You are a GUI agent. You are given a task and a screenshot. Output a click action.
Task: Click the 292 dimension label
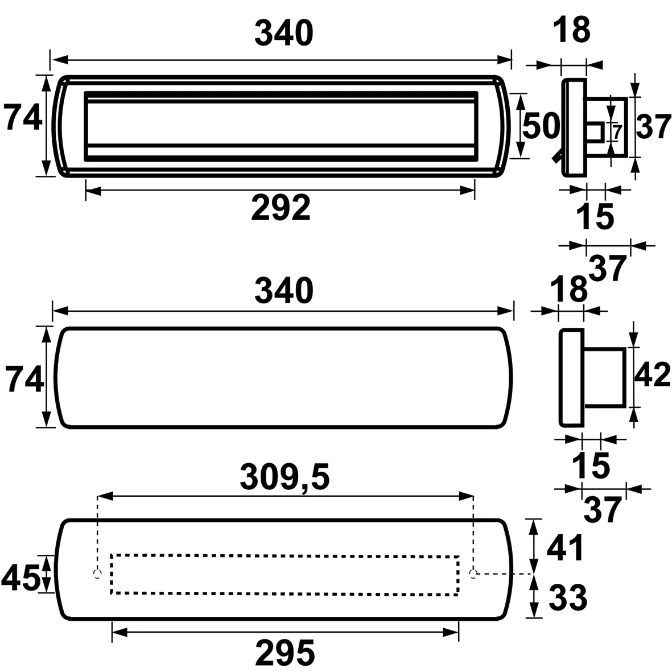[x=281, y=208]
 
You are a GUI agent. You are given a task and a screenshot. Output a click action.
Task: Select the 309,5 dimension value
[x=285, y=478]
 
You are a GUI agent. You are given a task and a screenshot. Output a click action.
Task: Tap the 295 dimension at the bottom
[x=285, y=653]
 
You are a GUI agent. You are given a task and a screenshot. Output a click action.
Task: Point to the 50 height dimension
[x=541, y=126]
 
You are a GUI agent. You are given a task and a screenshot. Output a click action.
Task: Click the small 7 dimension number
[x=617, y=132]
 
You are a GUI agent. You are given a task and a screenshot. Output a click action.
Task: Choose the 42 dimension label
[x=652, y=374]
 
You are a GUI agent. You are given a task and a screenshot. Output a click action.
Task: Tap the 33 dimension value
[x=568, y=597]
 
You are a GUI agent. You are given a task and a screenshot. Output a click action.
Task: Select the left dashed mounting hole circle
[x=98, y=574]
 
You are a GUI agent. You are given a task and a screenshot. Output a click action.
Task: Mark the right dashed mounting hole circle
[x=473, y=574]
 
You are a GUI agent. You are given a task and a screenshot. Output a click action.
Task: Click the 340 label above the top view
[x=284, y=34]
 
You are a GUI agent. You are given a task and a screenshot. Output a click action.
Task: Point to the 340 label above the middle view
[x=284, y=291]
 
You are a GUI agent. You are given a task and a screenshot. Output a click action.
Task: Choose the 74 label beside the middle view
[x=25, y=379]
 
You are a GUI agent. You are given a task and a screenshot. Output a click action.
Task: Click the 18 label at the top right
[x=571, y=30]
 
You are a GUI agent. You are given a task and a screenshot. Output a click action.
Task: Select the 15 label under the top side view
[x=596, y=216]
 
